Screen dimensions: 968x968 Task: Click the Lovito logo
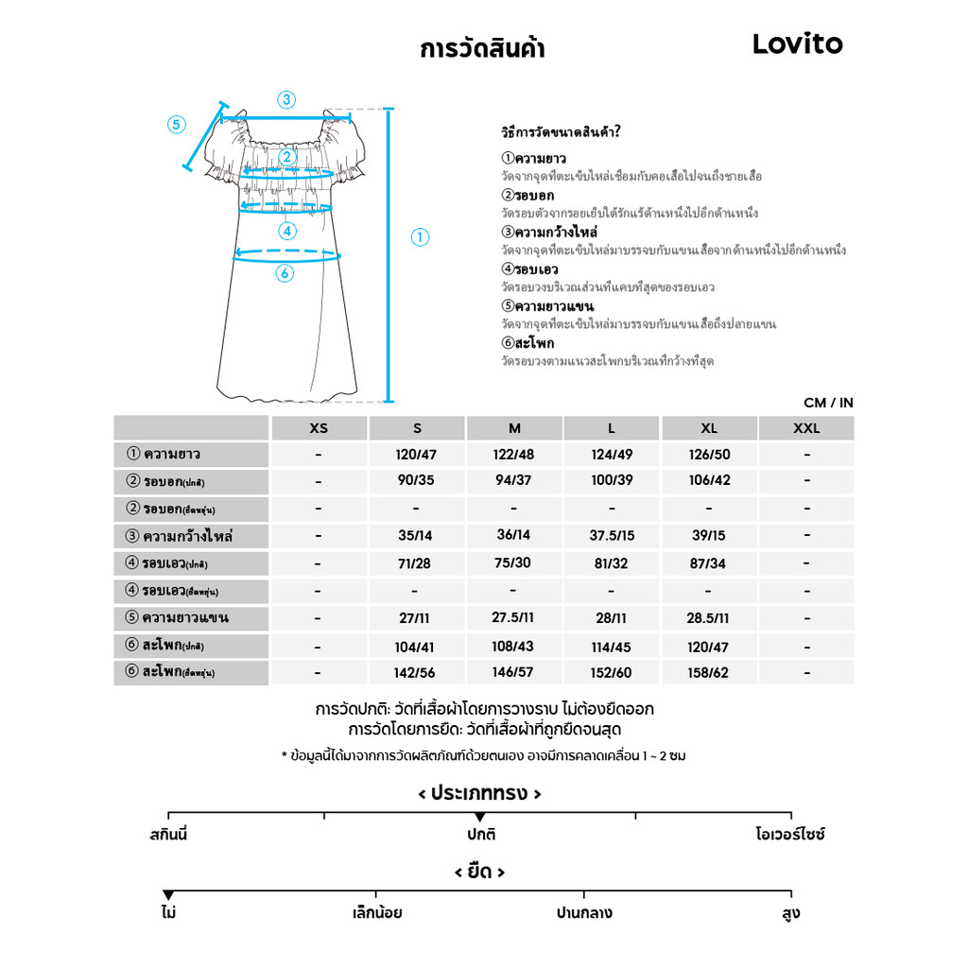(797, 43)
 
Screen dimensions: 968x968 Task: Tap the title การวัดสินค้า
(482, 48)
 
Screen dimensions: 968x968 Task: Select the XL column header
(709, 428)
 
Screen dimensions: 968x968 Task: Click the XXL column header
(806, 428)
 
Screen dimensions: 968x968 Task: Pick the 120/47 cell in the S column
(416, 455)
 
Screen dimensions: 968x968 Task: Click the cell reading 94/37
(513, 480)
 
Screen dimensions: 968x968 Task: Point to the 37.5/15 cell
(612, 536)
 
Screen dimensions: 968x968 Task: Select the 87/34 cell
(709, 563)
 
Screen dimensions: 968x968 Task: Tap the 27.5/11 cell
(513, 618)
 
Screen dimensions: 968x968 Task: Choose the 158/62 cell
(709, 673)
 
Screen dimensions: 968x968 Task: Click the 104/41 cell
(416, 648)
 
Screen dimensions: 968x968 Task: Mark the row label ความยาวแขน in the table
(185, 618)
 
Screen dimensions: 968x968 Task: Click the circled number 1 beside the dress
(421, 237)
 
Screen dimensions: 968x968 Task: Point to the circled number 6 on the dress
(285, 273)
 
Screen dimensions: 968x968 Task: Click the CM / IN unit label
(828, 403)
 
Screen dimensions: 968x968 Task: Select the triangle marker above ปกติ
(479, 817)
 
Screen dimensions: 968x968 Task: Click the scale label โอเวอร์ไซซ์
(790, 836)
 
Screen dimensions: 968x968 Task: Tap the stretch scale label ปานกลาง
(584, 913)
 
